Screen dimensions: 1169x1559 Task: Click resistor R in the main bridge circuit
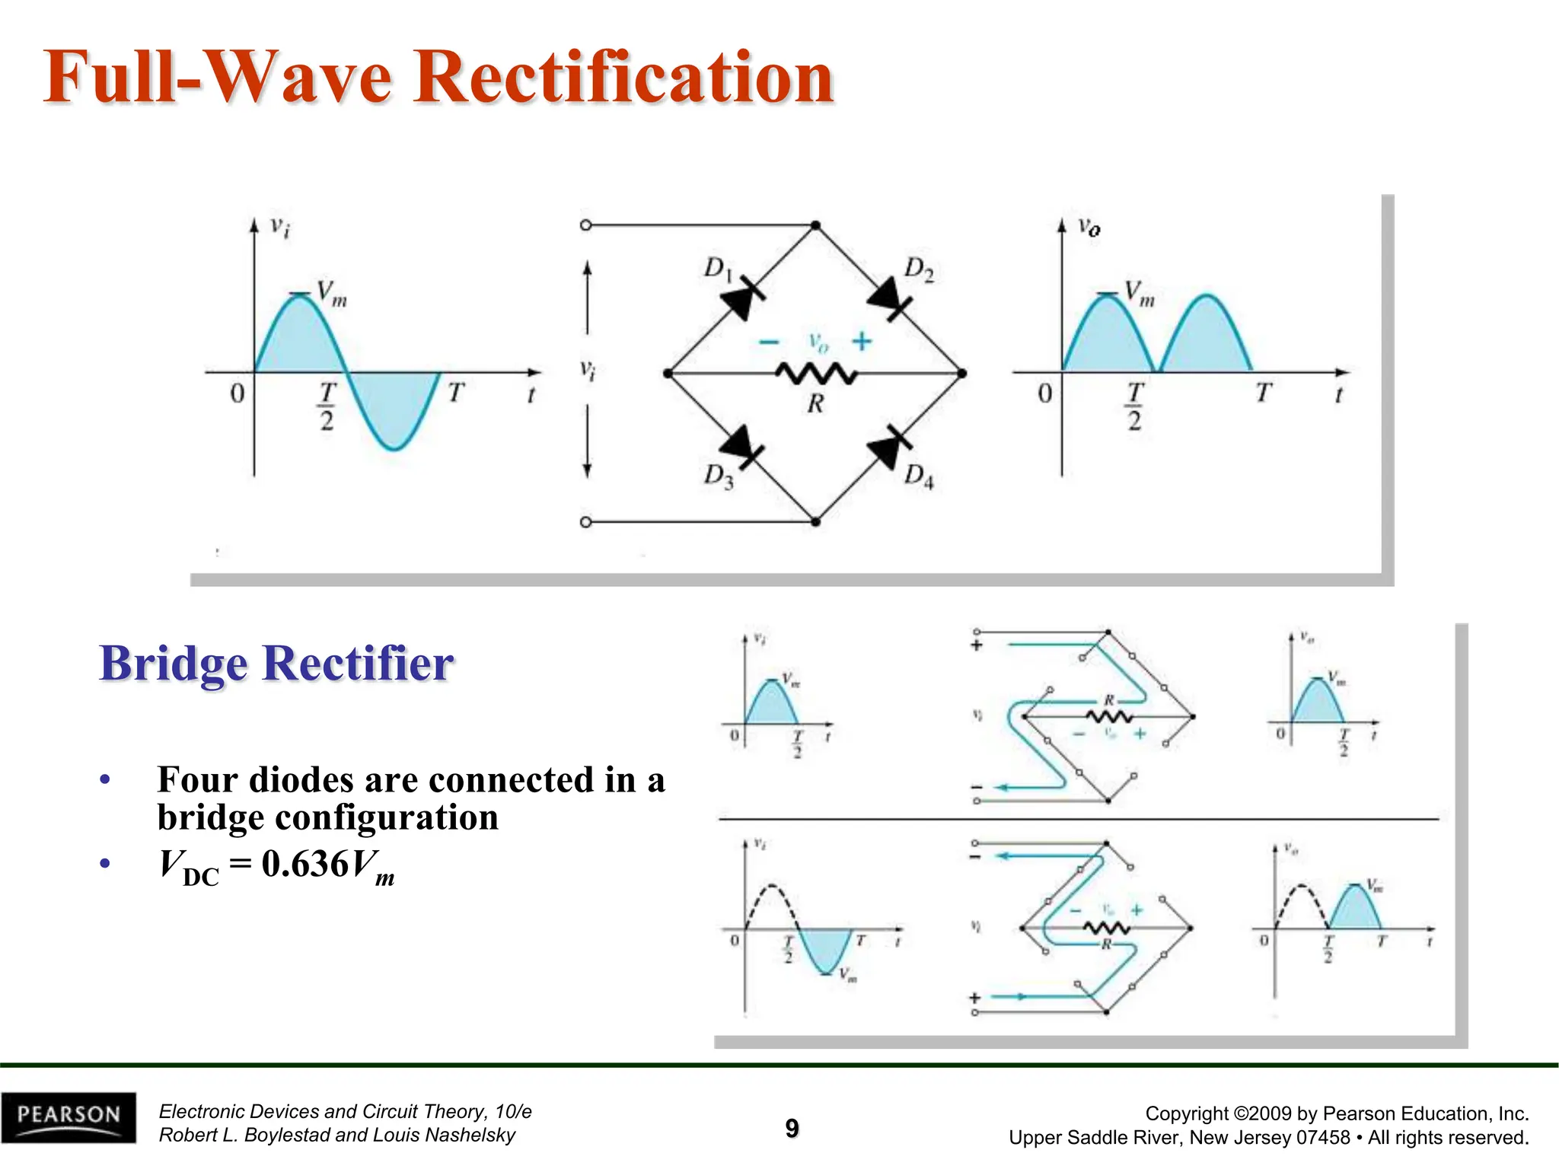coord(816,374)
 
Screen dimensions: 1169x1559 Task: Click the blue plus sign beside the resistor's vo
coord(862,341)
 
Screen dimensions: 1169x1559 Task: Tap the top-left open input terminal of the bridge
coord(585,225)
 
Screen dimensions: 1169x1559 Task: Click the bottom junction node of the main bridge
coord(815,522)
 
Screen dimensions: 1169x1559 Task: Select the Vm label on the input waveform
coord(331,293)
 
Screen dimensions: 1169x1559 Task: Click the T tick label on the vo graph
coord(1264,393)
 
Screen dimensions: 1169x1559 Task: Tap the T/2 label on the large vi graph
coord(327,406)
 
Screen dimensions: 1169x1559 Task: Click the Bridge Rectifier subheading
coord(276,663)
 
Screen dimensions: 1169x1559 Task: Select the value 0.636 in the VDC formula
coord(304,864)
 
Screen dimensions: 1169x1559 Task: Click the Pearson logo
coord(69,1116)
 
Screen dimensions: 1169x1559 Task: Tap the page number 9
coord(792,1128)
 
